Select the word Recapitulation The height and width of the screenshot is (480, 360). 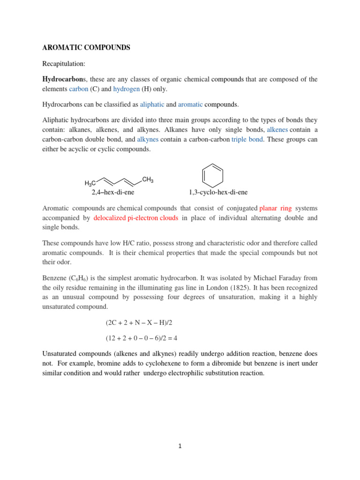point(62,63)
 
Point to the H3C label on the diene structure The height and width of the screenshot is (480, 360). point(90,183)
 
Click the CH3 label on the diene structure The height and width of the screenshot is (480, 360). point(148,180)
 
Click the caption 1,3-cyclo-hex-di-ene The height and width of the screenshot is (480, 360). point(218,192)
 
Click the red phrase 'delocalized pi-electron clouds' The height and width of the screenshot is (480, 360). point(135,218)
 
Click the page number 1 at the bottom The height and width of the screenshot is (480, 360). point(180,446)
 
